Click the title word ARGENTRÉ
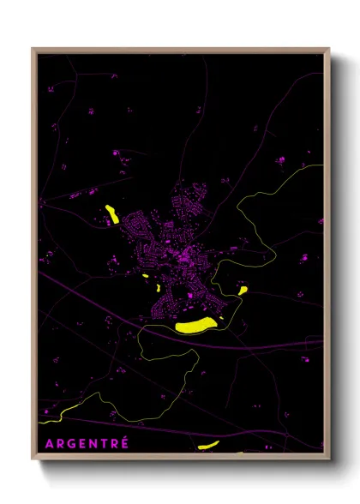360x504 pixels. (x=87, y=443)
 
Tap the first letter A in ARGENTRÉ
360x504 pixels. (x=50, y=443)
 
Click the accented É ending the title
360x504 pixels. (x=124, y=442)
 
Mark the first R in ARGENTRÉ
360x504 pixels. (x=61, y=443)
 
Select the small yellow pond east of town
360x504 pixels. (x=243, y=291)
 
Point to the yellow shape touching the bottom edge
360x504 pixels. (x=208, y=445)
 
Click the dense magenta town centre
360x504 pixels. (x=182, y=253)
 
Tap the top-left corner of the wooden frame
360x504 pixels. (x=33, y=49)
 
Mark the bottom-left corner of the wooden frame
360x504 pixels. (x=33, y=459)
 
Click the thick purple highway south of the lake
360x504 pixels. (x=257, y=344)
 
